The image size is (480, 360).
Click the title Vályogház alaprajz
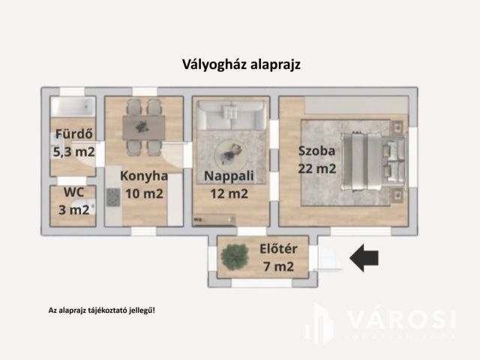241,64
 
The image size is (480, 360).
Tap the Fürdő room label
73,136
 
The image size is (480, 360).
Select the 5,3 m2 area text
73,152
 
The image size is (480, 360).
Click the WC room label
73,192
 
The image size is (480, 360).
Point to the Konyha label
143,176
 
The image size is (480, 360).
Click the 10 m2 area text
143,193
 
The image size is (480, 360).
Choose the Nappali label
229,176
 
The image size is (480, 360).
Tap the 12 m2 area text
229,193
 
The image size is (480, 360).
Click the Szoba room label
316,149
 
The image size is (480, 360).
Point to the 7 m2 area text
276,265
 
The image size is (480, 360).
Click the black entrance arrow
364,258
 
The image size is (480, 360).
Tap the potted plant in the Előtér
235,256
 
